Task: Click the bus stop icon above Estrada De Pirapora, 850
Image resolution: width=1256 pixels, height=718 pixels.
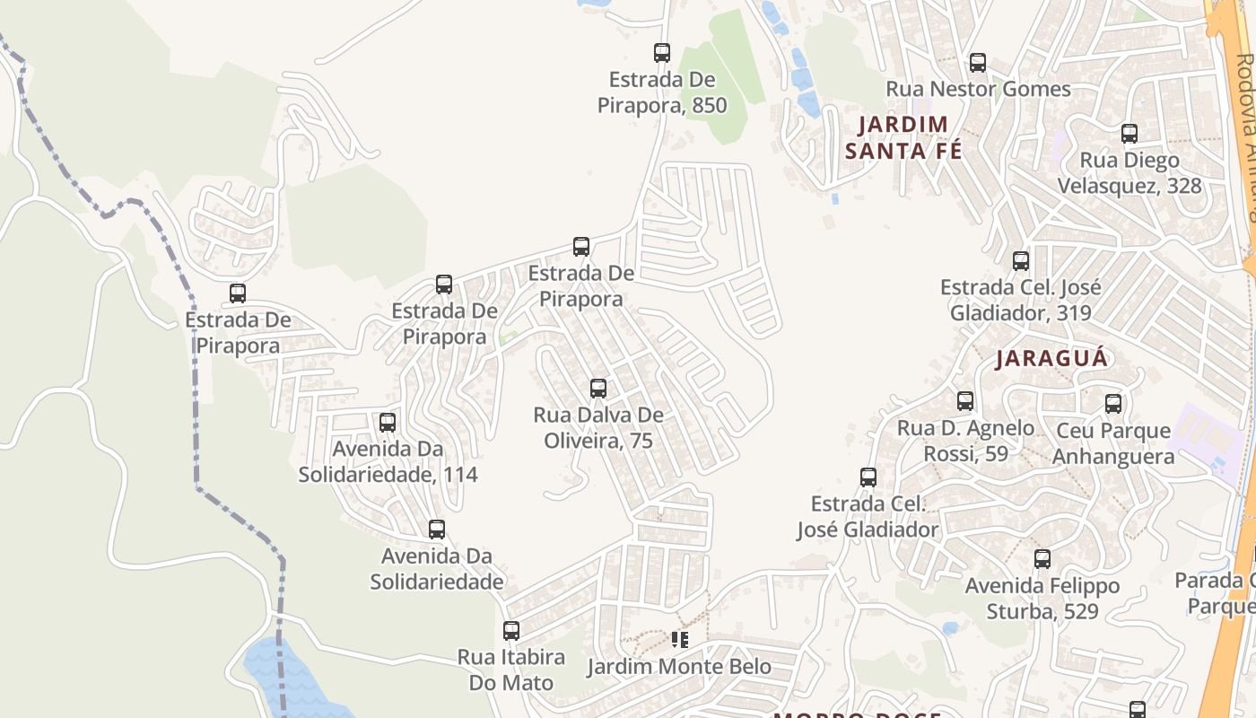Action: (662, 53)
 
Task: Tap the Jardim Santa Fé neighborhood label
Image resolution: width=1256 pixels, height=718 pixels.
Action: (903, 137)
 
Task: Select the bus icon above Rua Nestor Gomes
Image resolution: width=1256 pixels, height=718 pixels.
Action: (978, 63)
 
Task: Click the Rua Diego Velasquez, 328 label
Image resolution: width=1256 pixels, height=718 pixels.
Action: (1129, 173)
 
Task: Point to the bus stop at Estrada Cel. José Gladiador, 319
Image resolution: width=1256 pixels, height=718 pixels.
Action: (1021, 261)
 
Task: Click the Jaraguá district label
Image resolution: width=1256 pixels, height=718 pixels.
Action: (1052, 359)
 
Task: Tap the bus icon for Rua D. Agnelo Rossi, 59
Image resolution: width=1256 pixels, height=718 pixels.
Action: (965, 401)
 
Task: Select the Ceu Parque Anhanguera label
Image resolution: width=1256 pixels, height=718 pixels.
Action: (1112, 443)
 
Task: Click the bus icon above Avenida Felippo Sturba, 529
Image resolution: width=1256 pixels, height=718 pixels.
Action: (1042, 559)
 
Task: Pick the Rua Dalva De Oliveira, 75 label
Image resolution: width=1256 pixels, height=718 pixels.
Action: (598, 428)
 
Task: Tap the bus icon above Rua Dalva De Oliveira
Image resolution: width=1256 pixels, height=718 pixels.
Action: (598, 389)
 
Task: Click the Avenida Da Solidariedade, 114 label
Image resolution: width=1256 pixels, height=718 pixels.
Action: (388, 461)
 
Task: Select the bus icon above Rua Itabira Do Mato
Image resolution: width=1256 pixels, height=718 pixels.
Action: (511, 631)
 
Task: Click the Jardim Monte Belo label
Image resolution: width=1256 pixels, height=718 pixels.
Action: (679, 667)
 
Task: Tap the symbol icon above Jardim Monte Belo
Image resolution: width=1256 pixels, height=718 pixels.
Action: (680, 640)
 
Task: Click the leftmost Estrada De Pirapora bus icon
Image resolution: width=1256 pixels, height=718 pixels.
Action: (238, 293)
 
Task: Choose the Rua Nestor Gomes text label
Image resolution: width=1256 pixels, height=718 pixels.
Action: (978, 90)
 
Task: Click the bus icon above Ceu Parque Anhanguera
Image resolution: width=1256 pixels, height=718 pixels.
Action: (1113, 404)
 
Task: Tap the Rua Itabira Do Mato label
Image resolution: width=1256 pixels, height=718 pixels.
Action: (511, 670)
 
